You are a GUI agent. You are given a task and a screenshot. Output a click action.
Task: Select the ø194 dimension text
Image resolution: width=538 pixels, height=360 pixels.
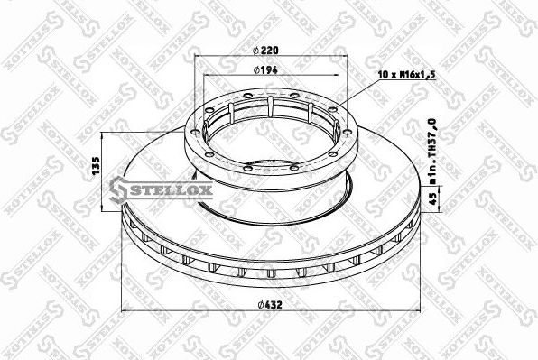[264, 69]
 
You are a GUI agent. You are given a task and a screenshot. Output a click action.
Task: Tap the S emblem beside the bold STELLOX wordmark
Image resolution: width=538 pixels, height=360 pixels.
[117, 188]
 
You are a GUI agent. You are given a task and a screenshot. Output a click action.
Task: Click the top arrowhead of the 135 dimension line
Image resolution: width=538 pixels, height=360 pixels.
[103, 134]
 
